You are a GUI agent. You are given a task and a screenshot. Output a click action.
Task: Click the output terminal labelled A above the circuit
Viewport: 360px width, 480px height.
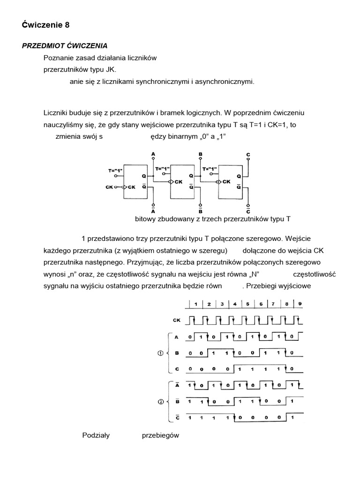pyautogui.click(x=154, y=154)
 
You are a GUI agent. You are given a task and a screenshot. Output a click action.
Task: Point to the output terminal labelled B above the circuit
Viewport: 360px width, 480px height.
pyautogui.click(x=200, y=154)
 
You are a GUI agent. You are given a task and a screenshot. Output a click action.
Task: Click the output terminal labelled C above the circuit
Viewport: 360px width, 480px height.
pyautogui.click(x=248, y=154)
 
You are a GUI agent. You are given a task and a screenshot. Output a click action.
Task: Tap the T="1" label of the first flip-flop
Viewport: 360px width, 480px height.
pyautogui.click(x=116, y=171)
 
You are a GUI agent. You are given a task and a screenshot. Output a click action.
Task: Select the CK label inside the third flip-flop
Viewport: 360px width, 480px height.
pyautogui.click(x=227, y=182)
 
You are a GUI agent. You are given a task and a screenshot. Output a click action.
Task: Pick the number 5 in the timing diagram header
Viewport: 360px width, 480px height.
pyautogui.click(x=247, y=303)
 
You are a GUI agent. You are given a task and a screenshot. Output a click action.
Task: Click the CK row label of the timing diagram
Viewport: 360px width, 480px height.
pyautogui.click(x=177, y=321)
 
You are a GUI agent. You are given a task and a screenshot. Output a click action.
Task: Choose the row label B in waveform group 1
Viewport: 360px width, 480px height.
pyautogui.click(x=177, y=353)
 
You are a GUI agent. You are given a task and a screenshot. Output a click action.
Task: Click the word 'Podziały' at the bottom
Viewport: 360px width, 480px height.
pyautogui.click(x=96, y=435)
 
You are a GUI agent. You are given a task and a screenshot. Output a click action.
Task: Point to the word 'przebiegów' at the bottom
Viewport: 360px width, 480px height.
pyautogui.click(x=161, y=435)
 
